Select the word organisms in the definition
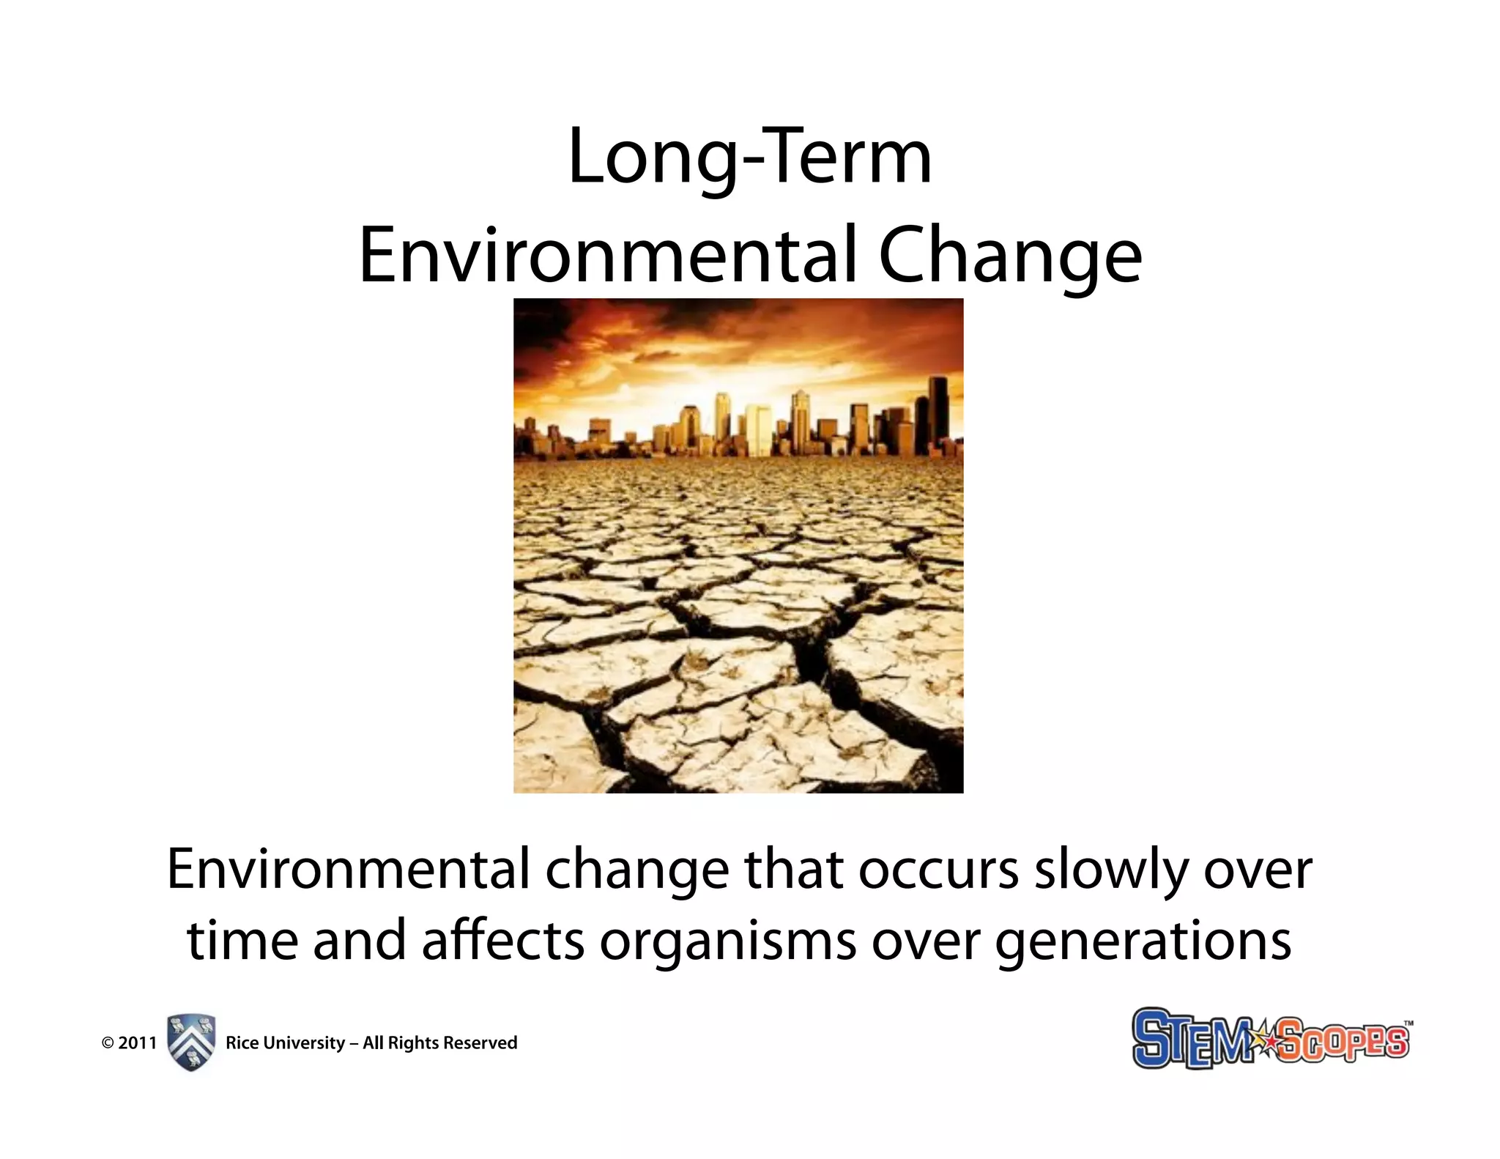click(x=727, y=942)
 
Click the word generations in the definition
click(x=1143, y=942)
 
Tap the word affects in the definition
click(x=503, y=941)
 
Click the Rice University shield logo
click(x=191, y=1043)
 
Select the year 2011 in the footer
click(x=138, y=1043)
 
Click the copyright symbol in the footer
click(x=108, y=1043)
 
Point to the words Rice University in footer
click(x=285, y=1043)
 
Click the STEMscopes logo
click(x=1270, y=1039)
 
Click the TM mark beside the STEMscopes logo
click(x=1408, y=1023)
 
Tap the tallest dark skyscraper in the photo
click(x=938, y=414)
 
